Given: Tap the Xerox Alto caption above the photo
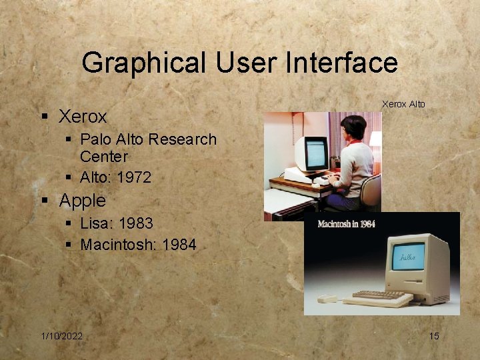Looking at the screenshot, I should click(x=403, y=104).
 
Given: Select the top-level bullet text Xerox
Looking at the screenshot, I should click(x=83, y=117).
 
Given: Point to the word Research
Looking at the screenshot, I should click(x=184, y=139).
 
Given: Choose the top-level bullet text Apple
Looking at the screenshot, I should click(x=83, y=200).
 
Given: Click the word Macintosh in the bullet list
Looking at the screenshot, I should click(x=118, y=245).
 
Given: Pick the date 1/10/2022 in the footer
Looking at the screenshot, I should click(x=61, y=336).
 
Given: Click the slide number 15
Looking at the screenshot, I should click(x=433, y=336).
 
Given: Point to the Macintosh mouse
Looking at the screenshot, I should click(x=327, y=299).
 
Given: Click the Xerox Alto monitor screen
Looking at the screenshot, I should click(x=315, y=153).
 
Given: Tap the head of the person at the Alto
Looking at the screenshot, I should click(x=354, y=127).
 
